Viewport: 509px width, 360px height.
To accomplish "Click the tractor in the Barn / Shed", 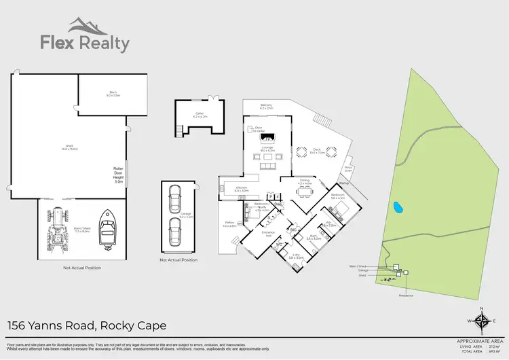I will point(60,232).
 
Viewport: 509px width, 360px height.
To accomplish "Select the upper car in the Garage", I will point(175,198).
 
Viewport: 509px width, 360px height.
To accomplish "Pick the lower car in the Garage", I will point(175,232).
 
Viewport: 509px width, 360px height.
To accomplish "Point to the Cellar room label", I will point(199,116).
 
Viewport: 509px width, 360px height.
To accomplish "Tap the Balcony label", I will point(267,106).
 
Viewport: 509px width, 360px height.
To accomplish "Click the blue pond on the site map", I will point(396,206).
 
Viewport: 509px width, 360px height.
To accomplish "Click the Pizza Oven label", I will point(348,168).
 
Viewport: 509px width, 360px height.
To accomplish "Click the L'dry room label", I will point(295,257).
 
